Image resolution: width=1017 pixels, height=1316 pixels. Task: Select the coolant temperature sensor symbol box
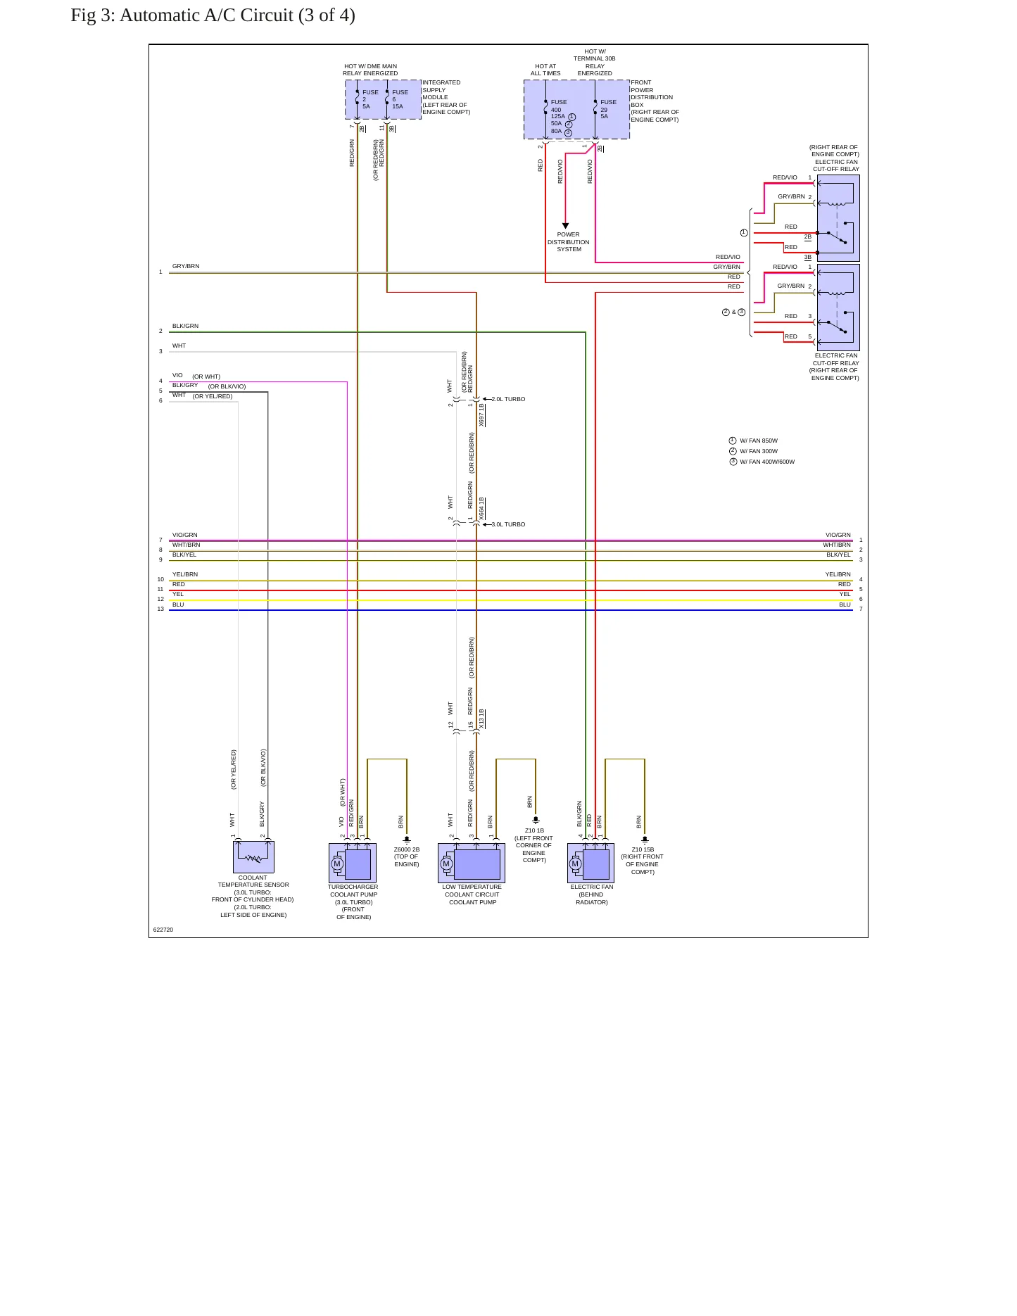click(x=253, y=857)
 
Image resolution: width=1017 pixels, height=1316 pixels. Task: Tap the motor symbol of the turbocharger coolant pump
click(x=337, y=863)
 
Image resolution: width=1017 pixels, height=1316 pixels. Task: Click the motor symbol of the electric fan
click(x=576, y=863)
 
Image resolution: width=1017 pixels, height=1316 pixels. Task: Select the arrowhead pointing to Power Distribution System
click(x=565, y=226)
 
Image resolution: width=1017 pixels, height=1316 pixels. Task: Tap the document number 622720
click(x=163, y=930)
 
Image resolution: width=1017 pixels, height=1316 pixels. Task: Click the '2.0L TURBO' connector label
click(x=508, y=399)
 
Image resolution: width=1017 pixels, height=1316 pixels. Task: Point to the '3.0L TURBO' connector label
click(x=508, y=524)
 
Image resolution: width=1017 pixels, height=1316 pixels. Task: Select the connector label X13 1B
click(x=481, y=719)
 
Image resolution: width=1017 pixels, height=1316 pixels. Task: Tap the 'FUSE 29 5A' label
click(x=608, y=109)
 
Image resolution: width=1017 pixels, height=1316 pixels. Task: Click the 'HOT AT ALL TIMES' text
click(x=545, y=70)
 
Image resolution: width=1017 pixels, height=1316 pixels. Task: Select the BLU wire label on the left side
click(x=178, y=605)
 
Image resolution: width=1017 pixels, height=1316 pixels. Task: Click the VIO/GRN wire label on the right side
click(x=838, y=535)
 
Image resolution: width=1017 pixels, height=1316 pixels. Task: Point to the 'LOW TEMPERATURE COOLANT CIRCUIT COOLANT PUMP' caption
click(x=472, y=894)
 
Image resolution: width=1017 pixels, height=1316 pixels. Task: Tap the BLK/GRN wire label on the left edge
click(x=185, y=326)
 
